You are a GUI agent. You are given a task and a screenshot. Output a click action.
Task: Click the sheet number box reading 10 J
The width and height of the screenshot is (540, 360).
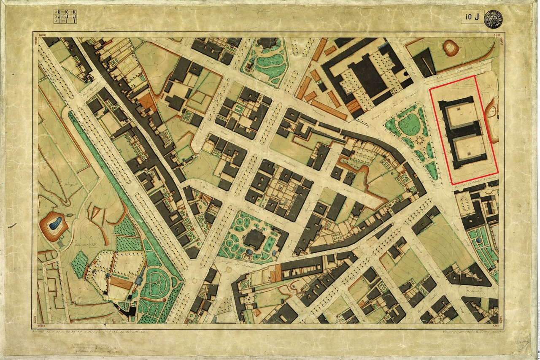(x=472, y=17)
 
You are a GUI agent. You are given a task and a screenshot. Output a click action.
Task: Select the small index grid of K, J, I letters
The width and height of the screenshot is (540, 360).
(x=65, y=16)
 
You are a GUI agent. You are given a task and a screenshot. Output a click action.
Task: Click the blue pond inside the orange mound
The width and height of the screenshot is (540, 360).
(x=54, y=225)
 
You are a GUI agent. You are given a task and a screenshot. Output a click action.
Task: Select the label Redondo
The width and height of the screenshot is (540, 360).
(x=474, y=292)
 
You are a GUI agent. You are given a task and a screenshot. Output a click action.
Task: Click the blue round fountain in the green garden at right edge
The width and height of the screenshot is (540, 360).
(x=478, y=241)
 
